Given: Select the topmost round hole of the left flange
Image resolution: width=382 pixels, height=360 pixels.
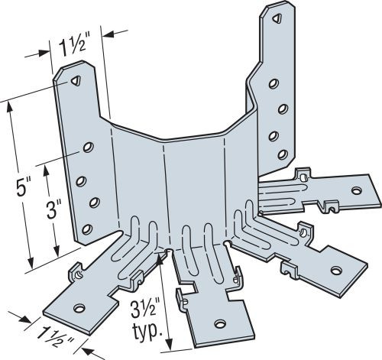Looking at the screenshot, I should click(x=89, y=146).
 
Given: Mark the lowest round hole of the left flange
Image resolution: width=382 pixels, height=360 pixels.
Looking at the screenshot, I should click(x=86, y=229).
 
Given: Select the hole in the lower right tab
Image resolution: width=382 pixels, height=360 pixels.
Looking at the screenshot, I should click(x=335, y=268).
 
